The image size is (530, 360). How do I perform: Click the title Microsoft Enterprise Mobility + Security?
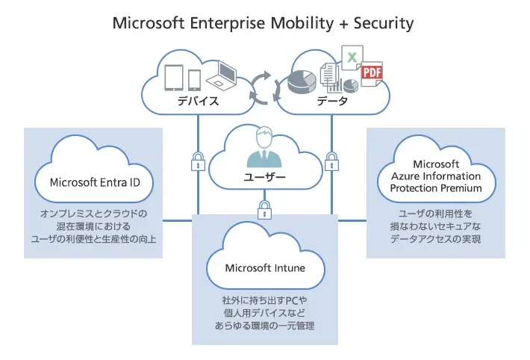(263, 23)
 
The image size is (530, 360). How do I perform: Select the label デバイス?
(197, 101)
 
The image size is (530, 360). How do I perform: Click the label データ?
(332, 101)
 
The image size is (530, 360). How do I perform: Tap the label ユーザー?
(265, 178)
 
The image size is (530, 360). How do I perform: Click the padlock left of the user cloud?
(198, 161)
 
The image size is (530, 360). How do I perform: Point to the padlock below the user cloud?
(264, 210)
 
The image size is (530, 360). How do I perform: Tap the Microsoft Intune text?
(265, 267)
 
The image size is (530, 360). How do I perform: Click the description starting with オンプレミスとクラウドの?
(94, 226)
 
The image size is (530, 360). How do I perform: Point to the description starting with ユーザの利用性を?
(435, 226)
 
